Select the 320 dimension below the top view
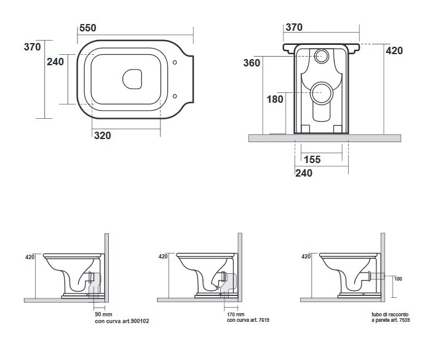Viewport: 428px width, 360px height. click(103, 136)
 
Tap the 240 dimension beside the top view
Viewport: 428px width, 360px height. click(55, 62)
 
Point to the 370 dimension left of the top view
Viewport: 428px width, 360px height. click(32, 47)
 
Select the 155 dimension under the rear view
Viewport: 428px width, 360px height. click(312, 159)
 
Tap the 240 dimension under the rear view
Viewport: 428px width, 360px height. click(303, 174)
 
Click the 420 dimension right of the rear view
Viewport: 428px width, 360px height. click(394, 50)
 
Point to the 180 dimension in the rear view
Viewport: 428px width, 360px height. click(274, 99)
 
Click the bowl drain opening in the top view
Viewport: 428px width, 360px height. click(132, 78)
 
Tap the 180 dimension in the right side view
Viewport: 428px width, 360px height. click(397, 278)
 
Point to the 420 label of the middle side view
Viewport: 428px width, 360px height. click(163, 257)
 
